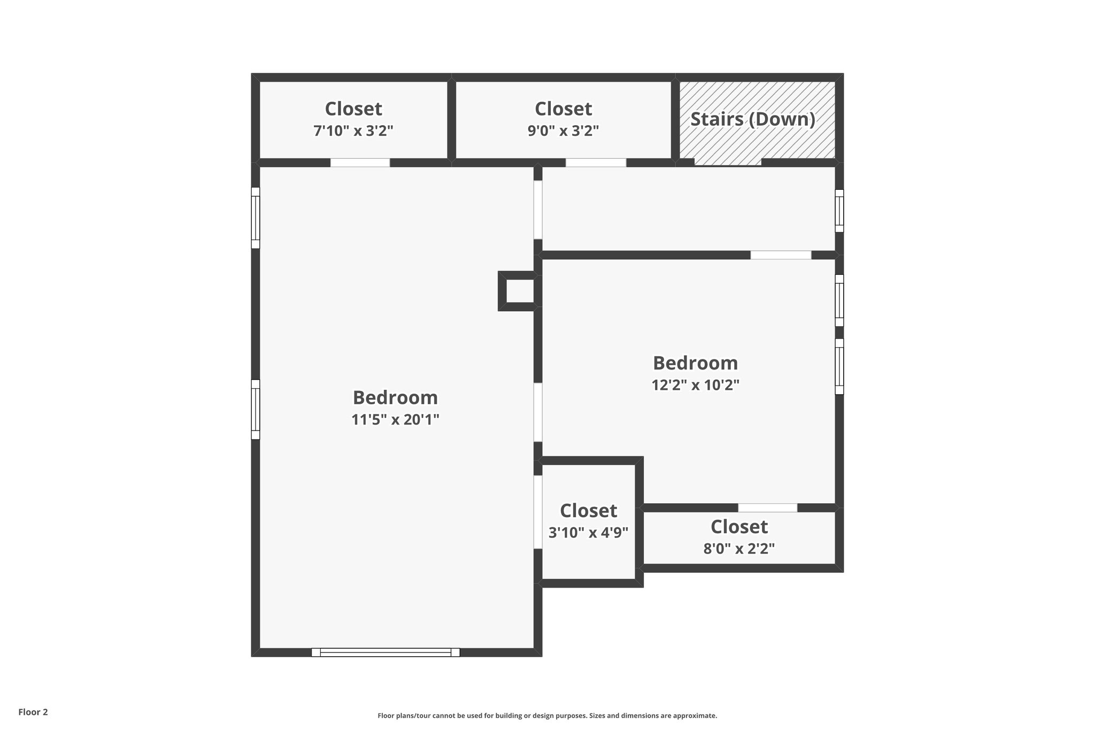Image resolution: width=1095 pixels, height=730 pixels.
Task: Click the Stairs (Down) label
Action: pyautogui.click(x=753, y=119)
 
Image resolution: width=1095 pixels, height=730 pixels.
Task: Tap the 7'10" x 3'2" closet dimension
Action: pyautogui.click(x=353, y=131)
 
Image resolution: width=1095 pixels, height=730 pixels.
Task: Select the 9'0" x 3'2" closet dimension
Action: pyautogui.click(x=563, y=131)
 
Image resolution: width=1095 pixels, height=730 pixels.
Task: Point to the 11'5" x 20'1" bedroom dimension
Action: pyautogui.click(x=395, y=420)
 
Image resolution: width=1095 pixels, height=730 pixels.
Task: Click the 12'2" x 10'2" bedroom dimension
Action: pyautogui.click(x=695, y=385)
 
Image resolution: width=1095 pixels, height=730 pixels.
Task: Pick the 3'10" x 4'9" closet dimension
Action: pyautogui.click(x=588, y=533)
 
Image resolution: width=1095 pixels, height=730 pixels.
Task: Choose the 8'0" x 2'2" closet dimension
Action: pyautogui.click(x=739, y=549)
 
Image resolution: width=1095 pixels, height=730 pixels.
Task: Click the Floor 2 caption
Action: pyautogui.click(x=33, y=712)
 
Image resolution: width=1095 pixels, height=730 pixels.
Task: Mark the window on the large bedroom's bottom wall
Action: pyautogui.click(x=385, y=652)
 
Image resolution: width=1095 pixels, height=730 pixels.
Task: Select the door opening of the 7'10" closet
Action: pyautogui.click(x=360, y=163)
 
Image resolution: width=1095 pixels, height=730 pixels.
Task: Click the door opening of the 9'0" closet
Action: pyautogui.click(x=596, y=163)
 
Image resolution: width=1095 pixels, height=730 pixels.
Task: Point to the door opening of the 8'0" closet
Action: pyautogui.click(x=767, y=508)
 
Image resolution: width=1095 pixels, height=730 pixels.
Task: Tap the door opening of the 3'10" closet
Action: pyautogui.click(x=538, y=512)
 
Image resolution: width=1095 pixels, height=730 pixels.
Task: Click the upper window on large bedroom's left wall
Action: pyautogui.click(x=256, y=218)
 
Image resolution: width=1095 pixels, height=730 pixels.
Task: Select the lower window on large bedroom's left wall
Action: pyautogui.click(x=256, y=409)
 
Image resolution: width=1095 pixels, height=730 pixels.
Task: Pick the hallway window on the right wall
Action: pyautogui.click(x=839, y=211)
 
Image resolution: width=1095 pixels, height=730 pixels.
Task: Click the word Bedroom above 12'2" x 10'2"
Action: pyautogui.click(x=695, y=363)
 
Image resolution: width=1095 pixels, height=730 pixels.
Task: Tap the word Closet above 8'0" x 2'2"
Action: pyautogui.click(x=739, y=527)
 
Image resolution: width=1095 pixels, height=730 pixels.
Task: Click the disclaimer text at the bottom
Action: pyautogui.click(x=547, y=716)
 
